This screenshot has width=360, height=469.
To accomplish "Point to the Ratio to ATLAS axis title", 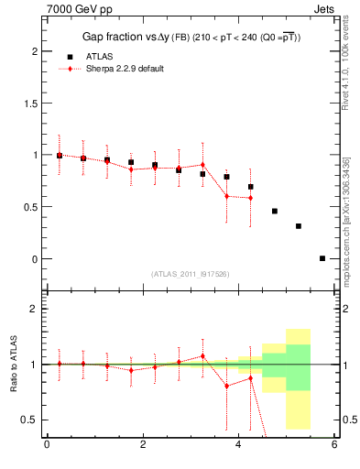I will [x=14, y=364].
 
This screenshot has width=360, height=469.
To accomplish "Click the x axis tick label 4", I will [x=239, y=445].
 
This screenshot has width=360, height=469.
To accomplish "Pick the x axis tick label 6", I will [x=335, y=445].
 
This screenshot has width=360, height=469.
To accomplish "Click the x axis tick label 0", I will [x=47, y=445].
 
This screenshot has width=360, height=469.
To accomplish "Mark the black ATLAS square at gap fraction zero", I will [x=322, y=258].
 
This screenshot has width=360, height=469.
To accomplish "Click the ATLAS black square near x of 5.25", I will [x=299, y=225].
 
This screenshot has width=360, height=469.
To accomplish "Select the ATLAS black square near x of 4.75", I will [x=275, y=211].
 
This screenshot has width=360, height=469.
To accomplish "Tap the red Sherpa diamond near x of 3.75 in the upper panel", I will [x=227, y=196].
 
